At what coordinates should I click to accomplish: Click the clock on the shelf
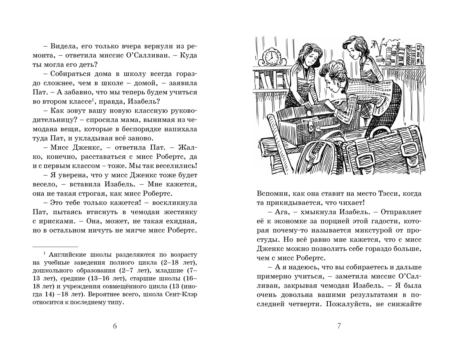pyautogui.click(x=272, y=56)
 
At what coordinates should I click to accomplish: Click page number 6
pyautogui.click(x=115, y=327)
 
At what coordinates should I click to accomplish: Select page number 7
pyautogui.click(x=339, y=327)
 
